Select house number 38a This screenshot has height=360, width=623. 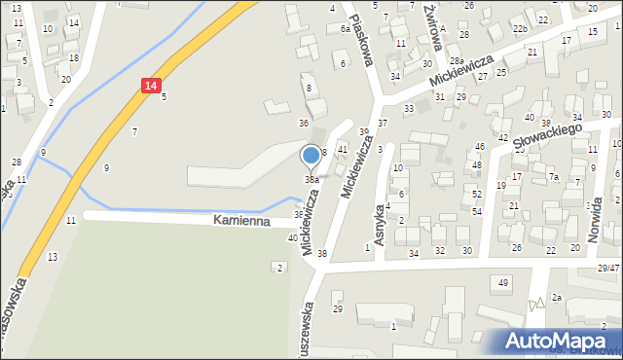point(311,180)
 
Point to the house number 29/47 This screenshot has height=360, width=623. point(608,268)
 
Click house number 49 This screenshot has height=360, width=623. point(503,282)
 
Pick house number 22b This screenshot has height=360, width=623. point(521,29)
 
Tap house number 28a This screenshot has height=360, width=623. point(456,60)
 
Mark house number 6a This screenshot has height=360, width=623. point(345,29)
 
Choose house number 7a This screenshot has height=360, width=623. point(553,177)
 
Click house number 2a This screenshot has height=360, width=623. point(557,297)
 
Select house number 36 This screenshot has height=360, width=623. point(304,124)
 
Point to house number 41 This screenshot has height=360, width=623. point(342,149)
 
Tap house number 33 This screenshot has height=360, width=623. point(409,108)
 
